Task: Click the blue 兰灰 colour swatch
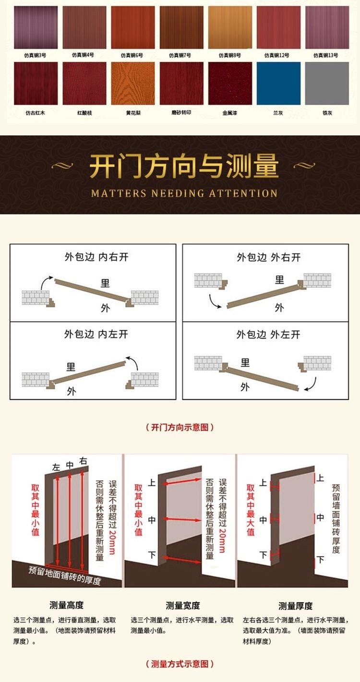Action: (278, 84)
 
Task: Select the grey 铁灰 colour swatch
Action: (327, 84)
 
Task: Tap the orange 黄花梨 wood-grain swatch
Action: (133, 84)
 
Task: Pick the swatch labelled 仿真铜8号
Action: (230, 27)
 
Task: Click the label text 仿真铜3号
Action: (36, 55)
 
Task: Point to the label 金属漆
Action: (229, 113)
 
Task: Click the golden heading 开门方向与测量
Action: (184, 166)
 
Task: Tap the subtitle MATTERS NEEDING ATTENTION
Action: (184, 193)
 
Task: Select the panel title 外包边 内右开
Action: (96, 257)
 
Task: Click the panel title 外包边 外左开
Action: (268, 335)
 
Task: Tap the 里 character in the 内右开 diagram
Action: (105, 283)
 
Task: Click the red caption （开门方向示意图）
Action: (180, 427)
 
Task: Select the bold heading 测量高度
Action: (66, 605)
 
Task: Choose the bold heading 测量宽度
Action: (183, 605)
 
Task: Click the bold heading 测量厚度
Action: (295, 606)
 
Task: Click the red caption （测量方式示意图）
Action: (180, 664)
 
